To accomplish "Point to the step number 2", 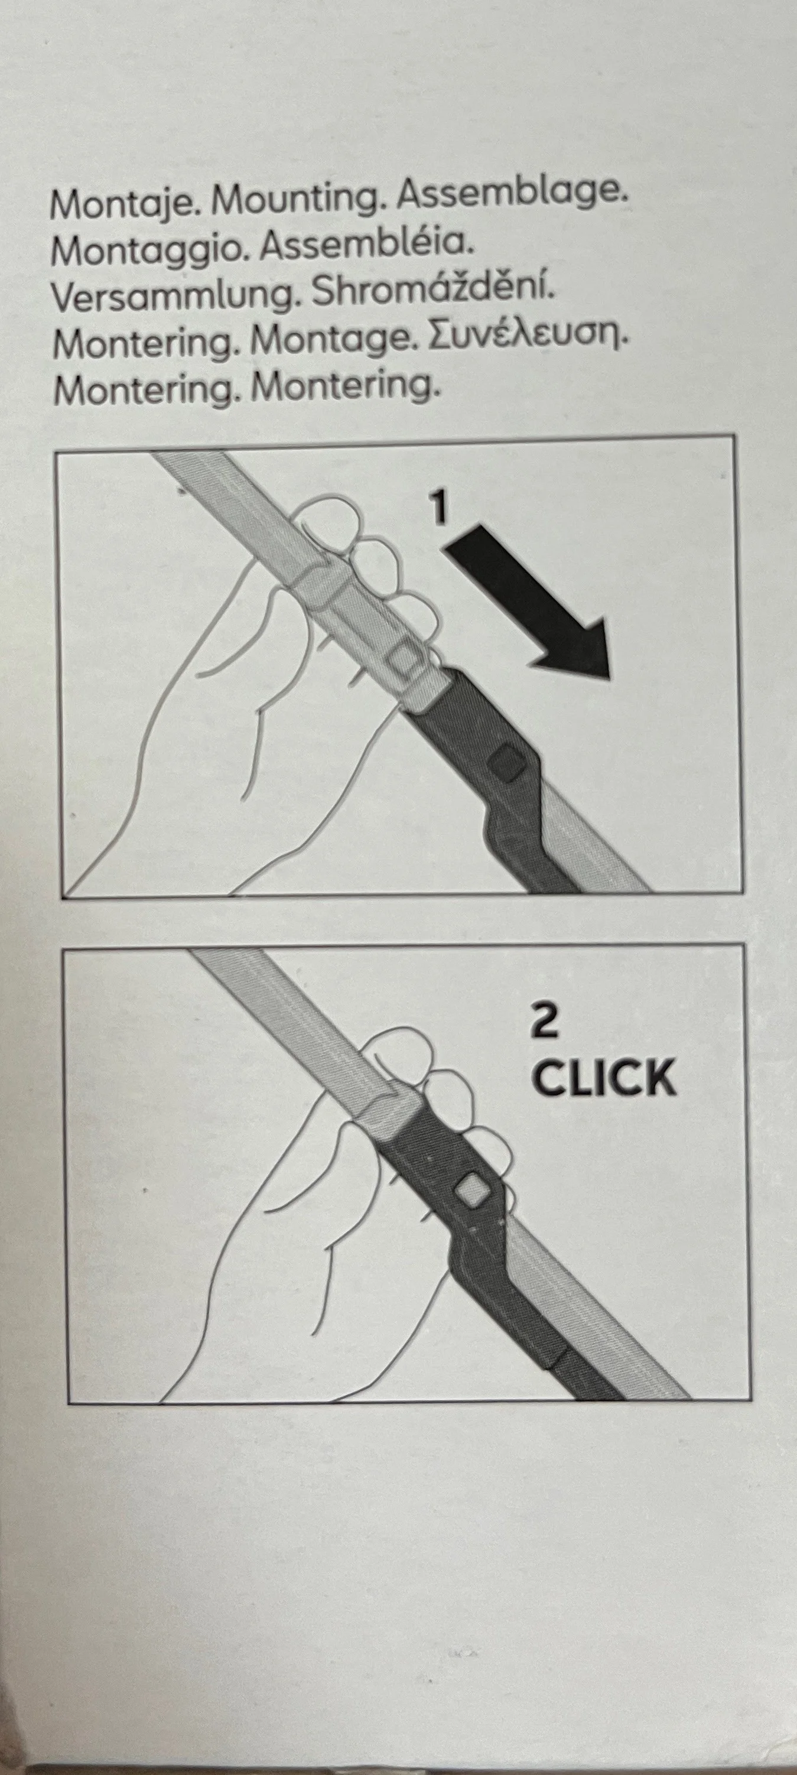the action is (545, 1022).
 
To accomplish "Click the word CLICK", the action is (605, 1078).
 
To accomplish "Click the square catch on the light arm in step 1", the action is (402, 659).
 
